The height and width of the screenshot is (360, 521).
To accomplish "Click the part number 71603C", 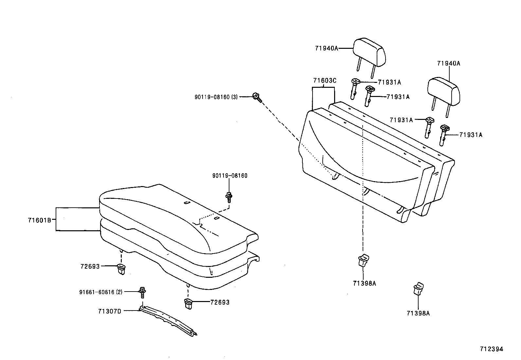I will [324, 81].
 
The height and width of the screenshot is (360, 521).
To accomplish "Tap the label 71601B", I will [39, 220].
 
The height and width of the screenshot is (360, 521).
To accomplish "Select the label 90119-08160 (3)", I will [216, 97].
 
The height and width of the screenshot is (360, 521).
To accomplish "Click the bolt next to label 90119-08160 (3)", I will [257, 97].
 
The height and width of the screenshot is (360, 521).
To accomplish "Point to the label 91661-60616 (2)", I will [100, 292].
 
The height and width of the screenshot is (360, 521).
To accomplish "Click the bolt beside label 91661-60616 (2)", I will [143, 292].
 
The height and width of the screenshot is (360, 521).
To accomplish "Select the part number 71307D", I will [109, 311].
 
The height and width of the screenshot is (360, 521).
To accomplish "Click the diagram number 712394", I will [491, 349].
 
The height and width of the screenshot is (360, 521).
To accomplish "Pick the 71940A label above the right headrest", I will [448, 64].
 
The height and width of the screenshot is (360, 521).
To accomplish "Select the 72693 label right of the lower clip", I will [220, 302].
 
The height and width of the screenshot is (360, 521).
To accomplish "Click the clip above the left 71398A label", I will [363, 261].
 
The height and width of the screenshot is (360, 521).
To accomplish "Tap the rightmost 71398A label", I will [418, 313].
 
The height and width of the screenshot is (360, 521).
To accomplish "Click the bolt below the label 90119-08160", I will [229, 197].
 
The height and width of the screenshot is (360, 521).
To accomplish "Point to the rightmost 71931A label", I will [471, 135].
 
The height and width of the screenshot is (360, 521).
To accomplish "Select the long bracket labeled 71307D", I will [169, 320].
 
